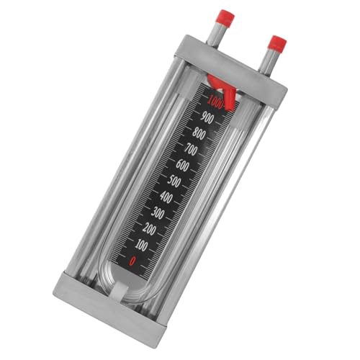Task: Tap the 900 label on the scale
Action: [x=208, y=117]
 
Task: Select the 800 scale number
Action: [x=201, y=133]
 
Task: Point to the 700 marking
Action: [x=194, y=150]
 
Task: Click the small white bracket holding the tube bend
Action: [x=120, y=291]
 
